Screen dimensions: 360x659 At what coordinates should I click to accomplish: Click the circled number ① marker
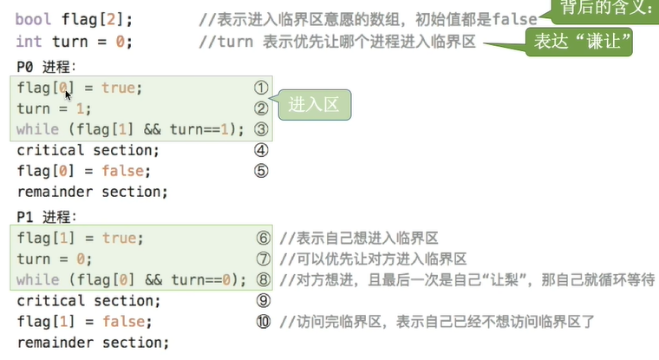(x=259, y=88)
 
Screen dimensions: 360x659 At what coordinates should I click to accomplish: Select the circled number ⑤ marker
(x=259, y=171)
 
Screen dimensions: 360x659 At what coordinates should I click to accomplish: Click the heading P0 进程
(x=47, y=66)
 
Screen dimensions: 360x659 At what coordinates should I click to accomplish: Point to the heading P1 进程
(x=47, y=216)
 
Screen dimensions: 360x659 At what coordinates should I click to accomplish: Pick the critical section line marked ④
(x=88, y=150)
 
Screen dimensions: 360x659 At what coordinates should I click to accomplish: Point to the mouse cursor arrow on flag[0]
(x=68, y=95)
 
